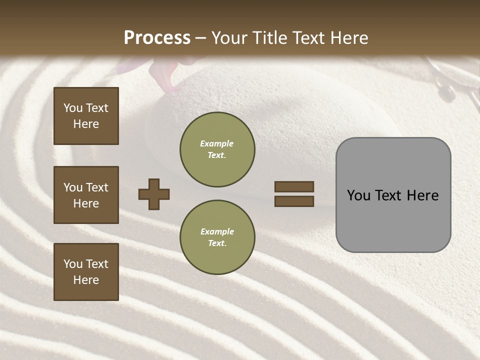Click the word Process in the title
click(157, 38)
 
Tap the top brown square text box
click(86, 116)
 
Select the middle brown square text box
click(86, 195)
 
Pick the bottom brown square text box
click(86, 272)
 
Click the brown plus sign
click(154, 194)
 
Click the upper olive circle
click(217, 149)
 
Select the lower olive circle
click(217, 237)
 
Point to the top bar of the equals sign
click(294, 186)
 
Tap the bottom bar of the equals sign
click(294, 201)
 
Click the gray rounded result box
click(393, 195)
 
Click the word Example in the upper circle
click(216, 144)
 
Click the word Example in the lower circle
click(216, 232)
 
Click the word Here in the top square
click(86, 124)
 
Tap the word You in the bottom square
click(73, 264)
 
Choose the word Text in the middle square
click(97, 187)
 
